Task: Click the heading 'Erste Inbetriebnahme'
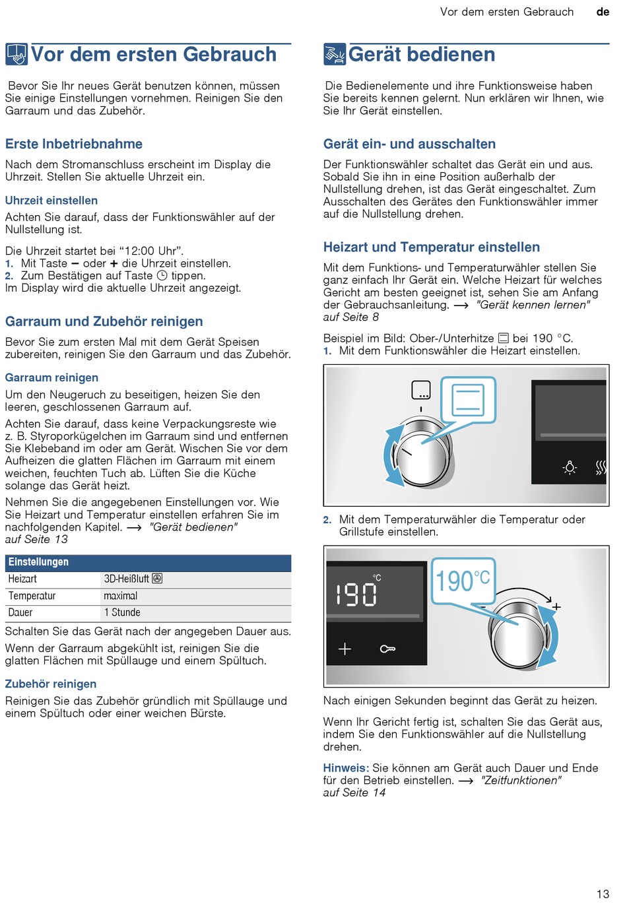[74, 144]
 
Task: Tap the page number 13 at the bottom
[603, 893]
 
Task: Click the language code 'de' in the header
[603, 12]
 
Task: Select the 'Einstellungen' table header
[38, 562]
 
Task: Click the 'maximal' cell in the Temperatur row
[121, 596]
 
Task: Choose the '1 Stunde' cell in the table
[122, 612]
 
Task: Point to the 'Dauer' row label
[20, 612]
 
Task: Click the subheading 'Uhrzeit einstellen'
[51, 201]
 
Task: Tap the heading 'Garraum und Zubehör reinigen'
[104, 321]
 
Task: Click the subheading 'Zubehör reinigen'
[51, 684]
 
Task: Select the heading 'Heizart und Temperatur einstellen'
[432, 247]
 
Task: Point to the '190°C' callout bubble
[463, 581]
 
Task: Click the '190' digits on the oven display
[356, 595]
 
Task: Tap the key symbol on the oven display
[387, 649]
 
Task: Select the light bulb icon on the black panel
[570, 468]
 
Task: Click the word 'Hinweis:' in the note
[346, 768]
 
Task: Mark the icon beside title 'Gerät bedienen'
[334, 55]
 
